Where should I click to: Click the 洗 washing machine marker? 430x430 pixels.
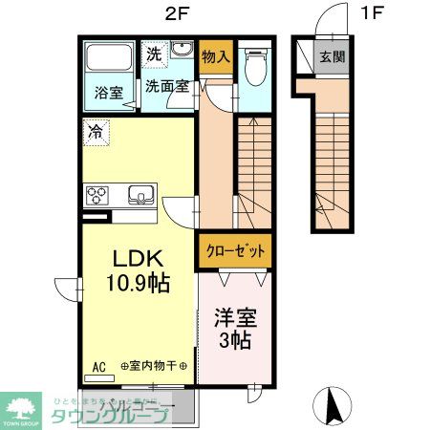[154, 54]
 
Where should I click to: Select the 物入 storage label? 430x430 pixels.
[216, 56]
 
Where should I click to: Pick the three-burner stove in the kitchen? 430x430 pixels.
[98, 195]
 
